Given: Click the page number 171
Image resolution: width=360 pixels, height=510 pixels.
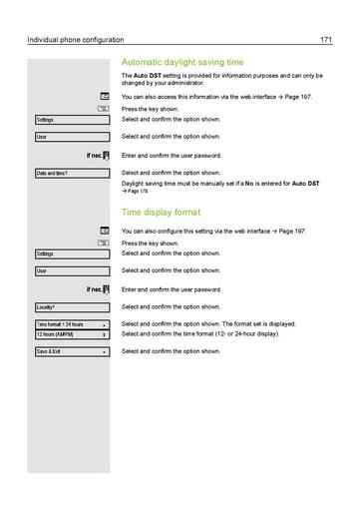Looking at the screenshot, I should coord(326,39).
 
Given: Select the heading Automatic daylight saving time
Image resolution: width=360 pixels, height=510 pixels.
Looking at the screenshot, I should coord(181,62).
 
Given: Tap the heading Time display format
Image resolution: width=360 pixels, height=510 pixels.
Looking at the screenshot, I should coord(161,213).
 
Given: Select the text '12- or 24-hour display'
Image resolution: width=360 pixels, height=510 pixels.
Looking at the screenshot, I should coord(241,333).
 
